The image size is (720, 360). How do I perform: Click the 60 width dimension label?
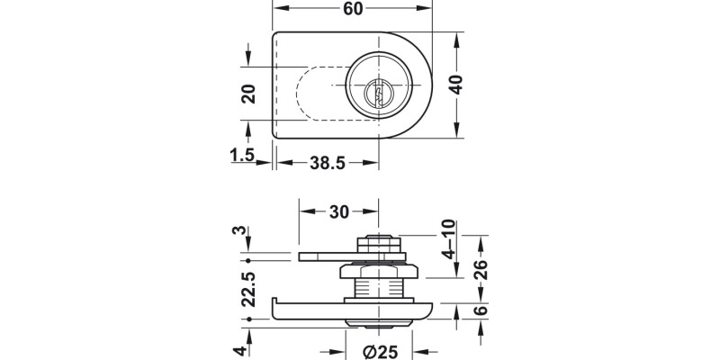coord(352,11)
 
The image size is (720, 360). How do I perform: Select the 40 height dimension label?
coord(456,85)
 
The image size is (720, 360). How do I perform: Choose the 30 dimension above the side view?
coord(339,211)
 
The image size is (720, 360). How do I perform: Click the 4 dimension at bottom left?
coord(240,349)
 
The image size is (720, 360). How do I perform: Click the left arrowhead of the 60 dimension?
coord(277,11)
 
